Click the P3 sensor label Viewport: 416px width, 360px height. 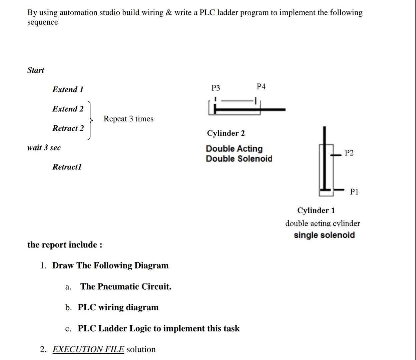(216, 88)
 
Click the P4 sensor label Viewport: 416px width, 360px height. (261, 87)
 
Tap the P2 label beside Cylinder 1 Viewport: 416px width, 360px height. (349, 153)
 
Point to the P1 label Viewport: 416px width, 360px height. (354, 192)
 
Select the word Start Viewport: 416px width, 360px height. (36, 70)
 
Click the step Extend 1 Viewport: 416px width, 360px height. (68, 89)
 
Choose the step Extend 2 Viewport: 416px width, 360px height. (68, 109)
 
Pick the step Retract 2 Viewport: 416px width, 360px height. (68, 128)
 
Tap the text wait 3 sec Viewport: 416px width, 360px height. (44, 148)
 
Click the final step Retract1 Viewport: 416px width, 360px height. (67, 167)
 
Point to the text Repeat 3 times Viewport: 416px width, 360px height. (128, 119)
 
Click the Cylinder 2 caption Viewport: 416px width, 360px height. (226, 133)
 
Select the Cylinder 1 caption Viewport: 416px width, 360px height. (316, 210)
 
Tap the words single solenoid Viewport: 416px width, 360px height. (324, 235)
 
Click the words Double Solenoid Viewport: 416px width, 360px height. (239, 159)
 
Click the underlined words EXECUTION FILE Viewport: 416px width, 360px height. (88, 349)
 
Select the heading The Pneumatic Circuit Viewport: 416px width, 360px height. (126, 287)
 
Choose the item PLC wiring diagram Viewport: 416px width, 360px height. (118, 307)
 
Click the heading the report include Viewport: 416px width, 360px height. (65, 245)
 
